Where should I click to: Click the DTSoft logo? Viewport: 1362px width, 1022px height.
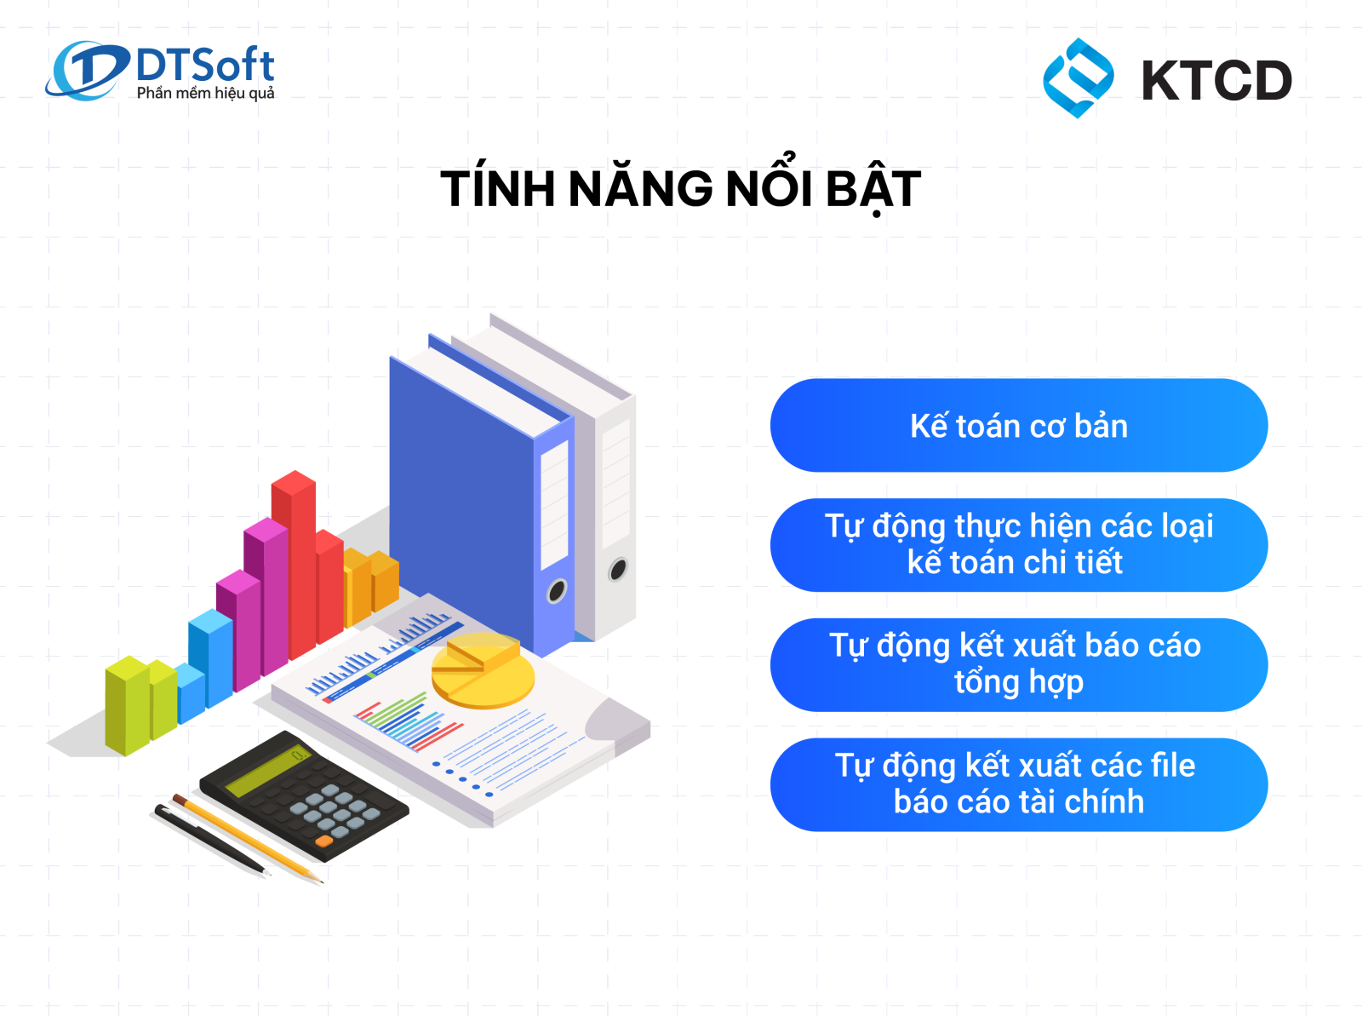pos(159,71)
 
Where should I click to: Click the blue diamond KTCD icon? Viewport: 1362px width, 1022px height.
pos(1078,78)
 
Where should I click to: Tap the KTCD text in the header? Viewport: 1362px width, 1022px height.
pos(1216,80)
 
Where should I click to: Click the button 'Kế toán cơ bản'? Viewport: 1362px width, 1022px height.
pos(1019,426)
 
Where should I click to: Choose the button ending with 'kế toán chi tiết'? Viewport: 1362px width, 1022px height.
pos(1019,545)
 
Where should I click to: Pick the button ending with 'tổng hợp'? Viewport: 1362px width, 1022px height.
pos(1019,665)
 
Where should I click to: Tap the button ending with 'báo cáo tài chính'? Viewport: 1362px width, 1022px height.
pos(1019,785)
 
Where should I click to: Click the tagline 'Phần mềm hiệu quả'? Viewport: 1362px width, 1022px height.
pos(205,93)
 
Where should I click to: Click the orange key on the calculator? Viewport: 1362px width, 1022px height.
pos(323,841)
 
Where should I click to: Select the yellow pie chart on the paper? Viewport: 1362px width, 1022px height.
pos(483,670)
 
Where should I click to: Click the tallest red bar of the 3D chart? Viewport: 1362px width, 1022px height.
pos(295,565)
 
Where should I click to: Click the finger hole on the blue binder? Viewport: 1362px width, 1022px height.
pos(557,591)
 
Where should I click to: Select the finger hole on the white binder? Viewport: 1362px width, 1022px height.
pos(618,569)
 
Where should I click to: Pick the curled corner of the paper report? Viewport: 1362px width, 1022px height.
pos(615,720)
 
